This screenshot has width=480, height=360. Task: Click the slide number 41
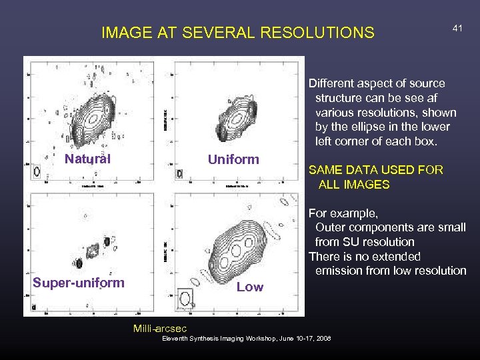457,28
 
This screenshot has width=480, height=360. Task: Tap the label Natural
87,159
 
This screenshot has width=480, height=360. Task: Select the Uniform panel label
233,159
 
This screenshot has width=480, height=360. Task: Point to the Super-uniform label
79,282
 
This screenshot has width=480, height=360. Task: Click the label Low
250,287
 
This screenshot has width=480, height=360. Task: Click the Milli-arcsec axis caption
160,328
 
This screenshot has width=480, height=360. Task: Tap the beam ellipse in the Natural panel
37,171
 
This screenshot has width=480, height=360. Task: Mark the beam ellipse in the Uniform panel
179,173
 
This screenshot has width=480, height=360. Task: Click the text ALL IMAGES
354,185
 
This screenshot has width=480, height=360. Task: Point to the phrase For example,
343,213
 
